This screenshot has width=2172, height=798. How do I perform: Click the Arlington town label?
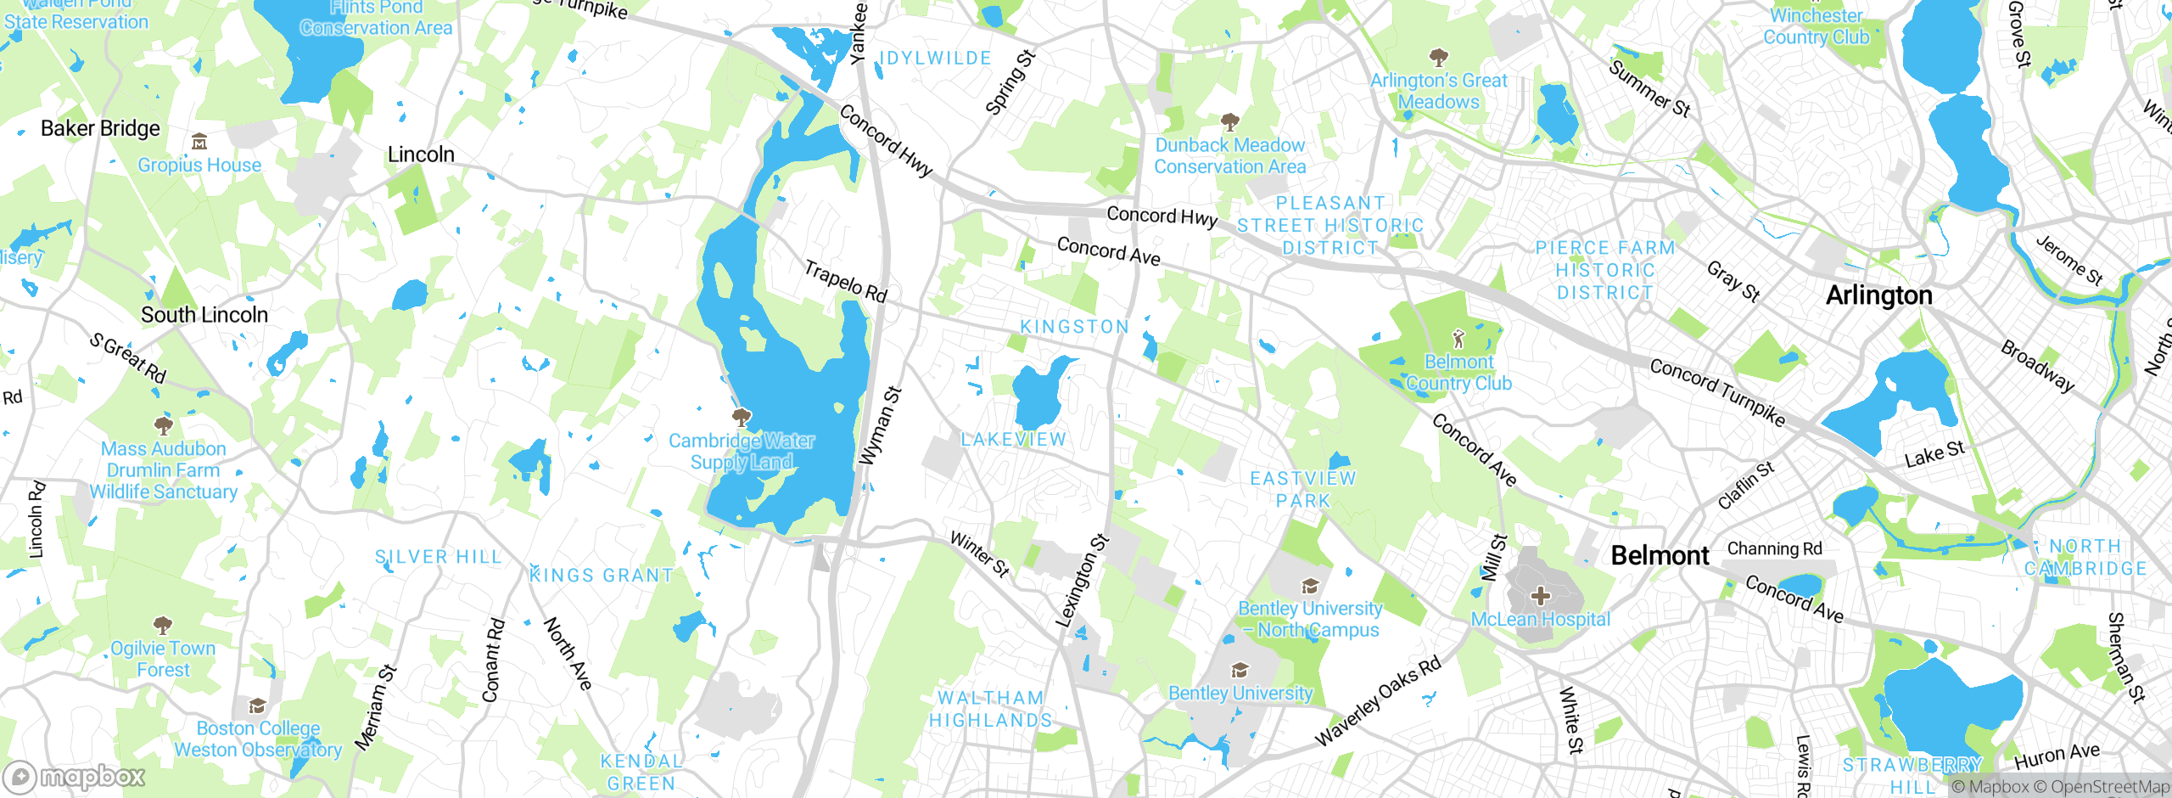pyautogui.click(x=1878, y=295)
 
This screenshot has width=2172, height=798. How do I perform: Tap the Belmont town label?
pyautogui.click(x=1660, y=555)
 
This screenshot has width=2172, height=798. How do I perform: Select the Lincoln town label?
pyautogui.click(x=421, y=155)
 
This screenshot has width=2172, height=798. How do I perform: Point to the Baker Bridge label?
pyautogui.click(x=100, y=128)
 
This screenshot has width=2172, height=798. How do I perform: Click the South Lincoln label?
pyautogui.click(x=204, y=315)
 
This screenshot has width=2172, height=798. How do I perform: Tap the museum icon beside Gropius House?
pyautogui.click(x=199, y=141)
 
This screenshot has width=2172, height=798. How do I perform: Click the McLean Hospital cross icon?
pyautogui.click(x=1541, y=595)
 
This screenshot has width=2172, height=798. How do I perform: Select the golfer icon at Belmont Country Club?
pyautogui.click(x=1458, y=340)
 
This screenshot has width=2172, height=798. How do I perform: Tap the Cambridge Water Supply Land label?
pyautogui.click(x=742, y=452)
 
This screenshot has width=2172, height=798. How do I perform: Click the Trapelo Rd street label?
pyautogui.click(x=845, y=282)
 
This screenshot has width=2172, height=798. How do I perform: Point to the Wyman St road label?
pyautogui.click(x=880, y=426)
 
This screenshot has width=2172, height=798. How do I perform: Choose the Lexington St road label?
pyautogui.click(x=1082, y=582)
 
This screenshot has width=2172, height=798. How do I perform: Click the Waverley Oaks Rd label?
pyautogui.click(x=1378, y=701)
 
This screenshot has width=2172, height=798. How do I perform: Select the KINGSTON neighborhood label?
pyautogui.click(x=1074, y=327)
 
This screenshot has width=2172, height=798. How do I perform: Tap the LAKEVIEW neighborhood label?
pyautogui.click(x=1013, y=440)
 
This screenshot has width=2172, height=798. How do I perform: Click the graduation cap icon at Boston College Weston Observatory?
pyautogui.click(x=257, y=706)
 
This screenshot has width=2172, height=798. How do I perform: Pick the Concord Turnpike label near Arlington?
pyautogui.click(x=1717, y=391)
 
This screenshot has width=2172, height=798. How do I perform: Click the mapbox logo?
pyautogui.click(x=75, y=777)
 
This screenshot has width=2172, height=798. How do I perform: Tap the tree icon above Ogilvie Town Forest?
pyautogui.click(x=163, y=626)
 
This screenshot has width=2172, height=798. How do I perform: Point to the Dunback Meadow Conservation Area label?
pyautogui.click(x=1229, y=156)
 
